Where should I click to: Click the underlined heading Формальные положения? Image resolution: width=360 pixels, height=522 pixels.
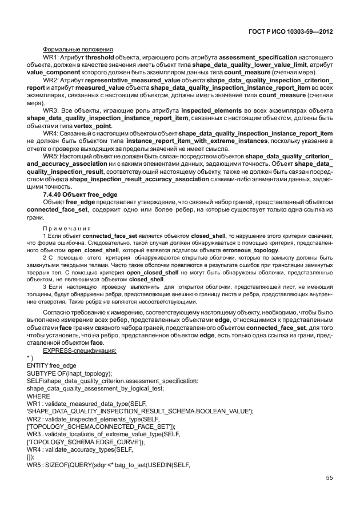click(x=78, y=49)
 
